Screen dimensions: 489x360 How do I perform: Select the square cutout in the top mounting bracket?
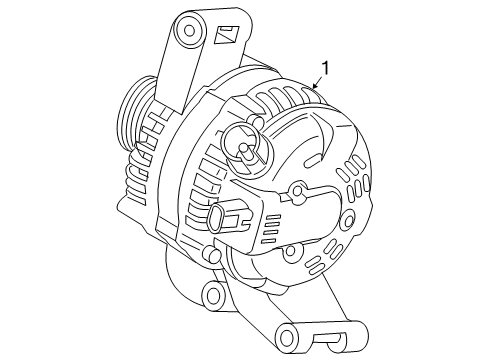click(x=224, y=36)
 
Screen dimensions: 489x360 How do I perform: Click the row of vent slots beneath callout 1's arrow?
click(x=290, y=100)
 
